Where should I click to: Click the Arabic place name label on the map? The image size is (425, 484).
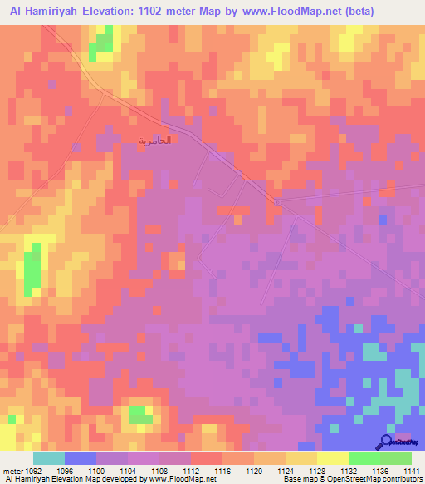155,140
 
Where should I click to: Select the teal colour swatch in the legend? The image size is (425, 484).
49,458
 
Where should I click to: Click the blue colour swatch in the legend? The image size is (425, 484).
81,458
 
